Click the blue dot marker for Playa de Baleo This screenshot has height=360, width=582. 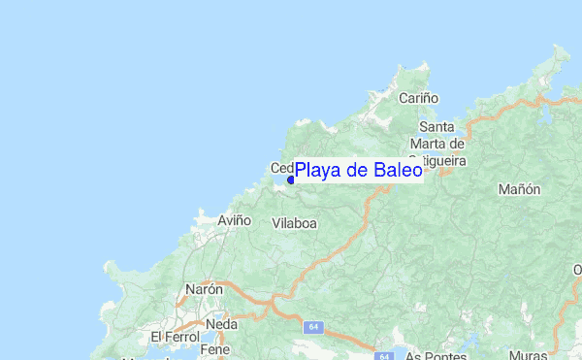tap(291, 180)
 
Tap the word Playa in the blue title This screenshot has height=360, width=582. tap(318, 172)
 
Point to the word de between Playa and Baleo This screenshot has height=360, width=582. tap(358, 171)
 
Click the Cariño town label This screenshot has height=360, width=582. tap(419, 98)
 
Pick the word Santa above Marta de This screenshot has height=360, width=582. tap(437, 127)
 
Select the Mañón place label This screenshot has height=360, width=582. tap(519, 190)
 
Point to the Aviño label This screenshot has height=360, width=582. tap(234, 220)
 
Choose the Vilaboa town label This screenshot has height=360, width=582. tap(295, 222)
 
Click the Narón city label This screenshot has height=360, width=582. tap(205, 289)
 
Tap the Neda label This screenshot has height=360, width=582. tap(221, 324)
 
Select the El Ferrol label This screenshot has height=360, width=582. tap(175, 337)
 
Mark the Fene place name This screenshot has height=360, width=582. tap(213, 348)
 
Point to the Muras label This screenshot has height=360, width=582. tap(554, 355)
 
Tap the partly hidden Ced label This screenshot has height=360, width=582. tap(280, 167)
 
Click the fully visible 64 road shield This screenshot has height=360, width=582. tap(314, 327)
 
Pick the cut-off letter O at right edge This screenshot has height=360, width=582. tap(577, 270)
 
